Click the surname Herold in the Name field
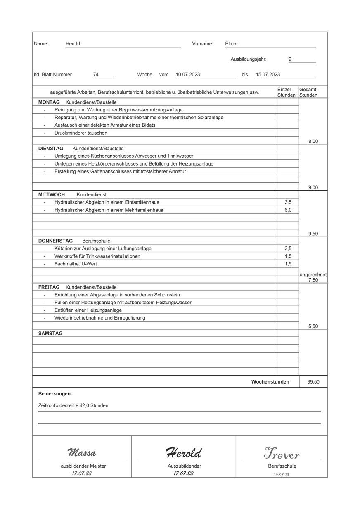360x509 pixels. pyautogui.click(x=73, y=43)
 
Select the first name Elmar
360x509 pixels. pyautogui.click(x=232, y=43)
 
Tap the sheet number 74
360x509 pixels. pyautogui.click(x=96, y=75)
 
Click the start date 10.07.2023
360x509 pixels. pyautogui.click(x=188, y=75)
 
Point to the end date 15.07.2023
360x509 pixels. pyautogui.click(x=268, y=75)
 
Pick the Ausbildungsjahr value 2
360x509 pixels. pyautogui.click(x=290, y=59)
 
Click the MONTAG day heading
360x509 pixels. pyautogui.click(x=49, y=102)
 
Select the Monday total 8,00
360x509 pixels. pyautogui.click(x=313, y=141)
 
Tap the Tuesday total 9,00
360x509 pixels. pyautogui.click(x=313, y=187)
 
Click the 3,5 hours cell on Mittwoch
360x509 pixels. pyautogui.click(x=288, y=202)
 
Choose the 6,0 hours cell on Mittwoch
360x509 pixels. pyautogui.click(x=288, y=210)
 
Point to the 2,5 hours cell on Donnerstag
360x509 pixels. pyautogui.click(x=288, y=249)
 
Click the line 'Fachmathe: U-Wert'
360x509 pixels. pyautogui.click(x=76, y=264)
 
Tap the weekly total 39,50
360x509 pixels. pyautogui.click(x=313, y=382)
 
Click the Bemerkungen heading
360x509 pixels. pyautogui.click(x=55, y=394)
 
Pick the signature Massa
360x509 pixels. pyautogui.click(x=82, y=452)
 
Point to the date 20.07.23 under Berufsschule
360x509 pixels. pyautogui.click(x=281, y=474)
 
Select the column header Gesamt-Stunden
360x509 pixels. pyautogui.click(x=308, y=92)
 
